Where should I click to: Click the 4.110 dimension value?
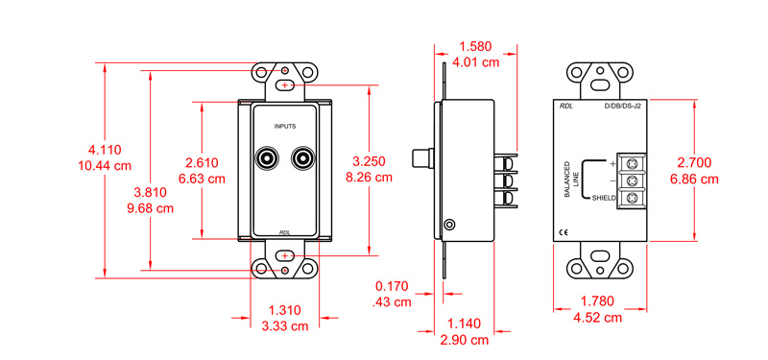[105, 150]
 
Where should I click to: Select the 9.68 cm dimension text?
[151, 208]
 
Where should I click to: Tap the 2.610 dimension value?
[202, 163]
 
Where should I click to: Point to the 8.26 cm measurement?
[369, 177]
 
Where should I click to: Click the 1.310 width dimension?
[284, 310]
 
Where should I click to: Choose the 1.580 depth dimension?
[474, 46]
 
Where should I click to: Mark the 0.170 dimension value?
[392, 286]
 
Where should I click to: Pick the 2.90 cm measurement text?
[466, 340]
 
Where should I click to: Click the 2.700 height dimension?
[694, 162]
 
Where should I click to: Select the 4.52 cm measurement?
[597, 317]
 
